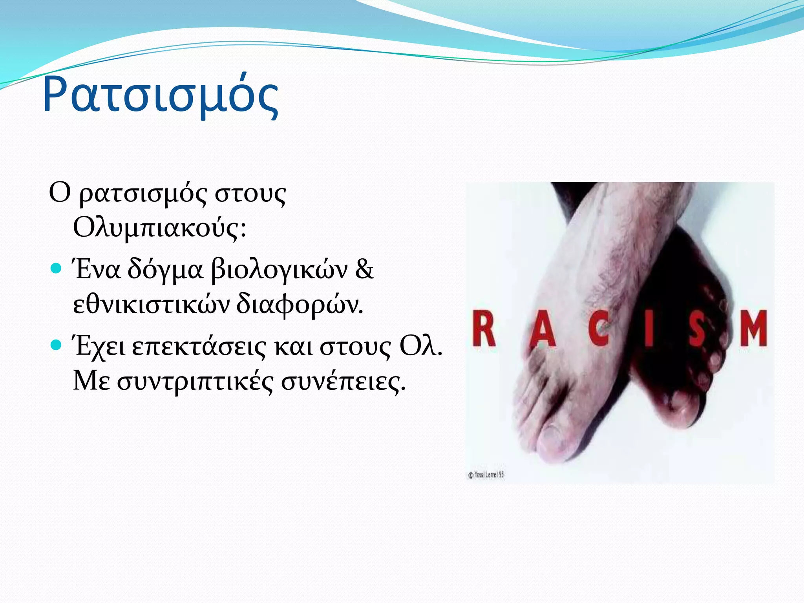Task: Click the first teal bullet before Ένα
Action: [57, 269]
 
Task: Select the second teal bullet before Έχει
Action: [57, 345]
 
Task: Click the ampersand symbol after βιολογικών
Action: [364, 270]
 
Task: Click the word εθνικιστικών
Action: [151, 305]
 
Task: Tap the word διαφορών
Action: [300, 305]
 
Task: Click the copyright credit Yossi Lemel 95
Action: [486, 475]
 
